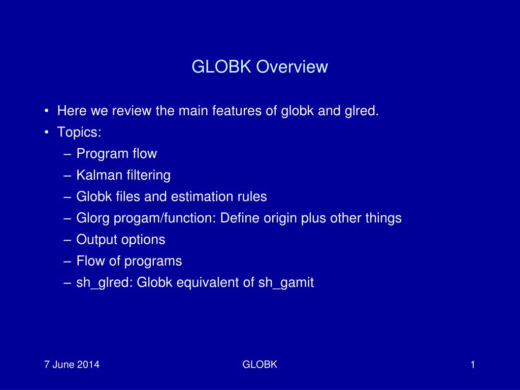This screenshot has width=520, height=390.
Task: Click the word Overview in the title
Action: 292,67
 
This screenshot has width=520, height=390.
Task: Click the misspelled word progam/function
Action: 165,218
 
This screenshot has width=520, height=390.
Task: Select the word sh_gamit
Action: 286,283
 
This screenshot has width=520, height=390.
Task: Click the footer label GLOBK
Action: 259,365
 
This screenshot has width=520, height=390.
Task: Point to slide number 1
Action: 473,365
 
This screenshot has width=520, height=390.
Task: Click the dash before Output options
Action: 68,240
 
